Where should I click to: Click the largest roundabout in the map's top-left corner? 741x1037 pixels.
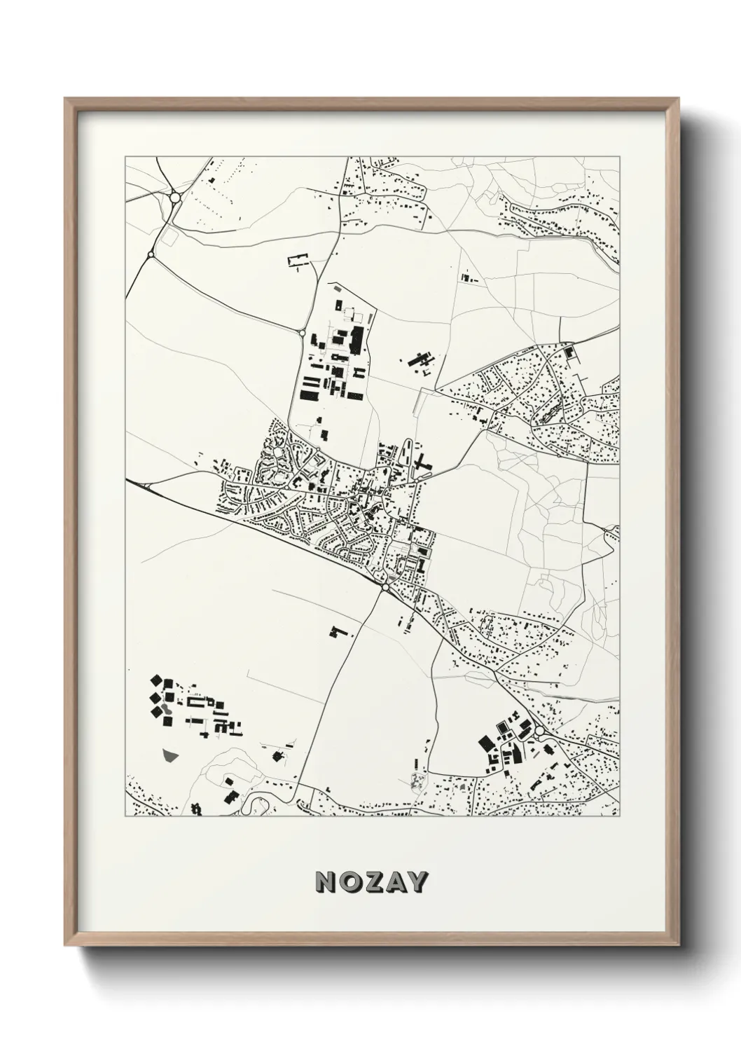tap(174, 198)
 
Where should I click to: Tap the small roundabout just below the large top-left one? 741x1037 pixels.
tap(151, 254)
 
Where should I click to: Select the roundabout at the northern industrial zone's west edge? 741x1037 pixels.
tap(302, 334)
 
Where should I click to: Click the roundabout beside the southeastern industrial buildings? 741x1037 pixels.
tap(539, 731)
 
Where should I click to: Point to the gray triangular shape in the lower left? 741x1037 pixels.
tap(169, 754)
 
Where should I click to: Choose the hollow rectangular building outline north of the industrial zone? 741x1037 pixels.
tap(298, 260)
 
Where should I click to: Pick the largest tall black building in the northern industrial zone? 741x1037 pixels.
tap(357, 339)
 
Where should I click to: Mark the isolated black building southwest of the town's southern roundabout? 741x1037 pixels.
tap(339, 631)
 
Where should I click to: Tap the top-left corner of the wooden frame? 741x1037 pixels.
tap(65, 99)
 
